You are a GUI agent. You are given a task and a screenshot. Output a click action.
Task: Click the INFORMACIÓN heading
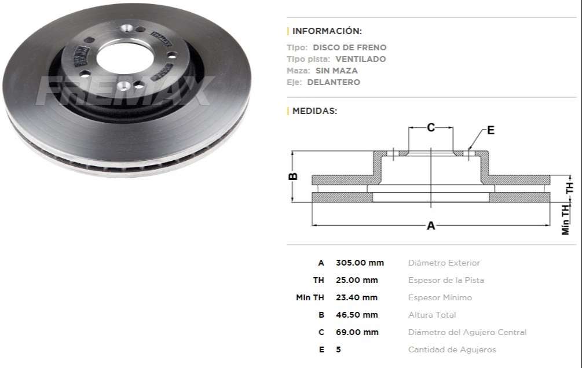pos(327,31)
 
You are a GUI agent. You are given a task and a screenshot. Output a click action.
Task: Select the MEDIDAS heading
pos(314,111)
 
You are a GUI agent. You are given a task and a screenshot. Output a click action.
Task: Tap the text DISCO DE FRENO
pos(349,47)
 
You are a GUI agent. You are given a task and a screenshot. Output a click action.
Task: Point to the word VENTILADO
pos(360,59)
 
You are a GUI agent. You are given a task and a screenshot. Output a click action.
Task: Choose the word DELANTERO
pos(334,82)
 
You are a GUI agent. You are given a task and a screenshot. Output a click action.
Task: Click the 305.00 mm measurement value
pos(360,263)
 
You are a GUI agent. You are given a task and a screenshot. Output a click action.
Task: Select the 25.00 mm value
pos(357,280)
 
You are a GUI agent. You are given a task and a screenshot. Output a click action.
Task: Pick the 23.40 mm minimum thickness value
pos(357,297)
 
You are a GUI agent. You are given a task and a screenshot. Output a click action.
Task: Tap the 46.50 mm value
pos(357,315)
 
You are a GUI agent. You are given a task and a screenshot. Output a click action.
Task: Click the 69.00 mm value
pos(357,332)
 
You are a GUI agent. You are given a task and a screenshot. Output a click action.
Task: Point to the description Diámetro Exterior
pos(444,263)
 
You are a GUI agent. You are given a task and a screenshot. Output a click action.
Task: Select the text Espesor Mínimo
pos(440,297)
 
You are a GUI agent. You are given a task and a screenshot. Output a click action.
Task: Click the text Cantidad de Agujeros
pos(452,349)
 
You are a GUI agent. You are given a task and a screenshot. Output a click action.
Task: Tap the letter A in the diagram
pos(431,226)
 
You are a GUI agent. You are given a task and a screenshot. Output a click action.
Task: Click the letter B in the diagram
pos(293,176)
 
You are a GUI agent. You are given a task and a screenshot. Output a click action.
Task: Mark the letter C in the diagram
pos(431,128)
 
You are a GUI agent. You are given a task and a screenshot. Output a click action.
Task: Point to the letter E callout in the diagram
pos(491,130)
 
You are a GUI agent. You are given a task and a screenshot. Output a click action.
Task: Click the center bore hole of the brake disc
pos(125,58)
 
